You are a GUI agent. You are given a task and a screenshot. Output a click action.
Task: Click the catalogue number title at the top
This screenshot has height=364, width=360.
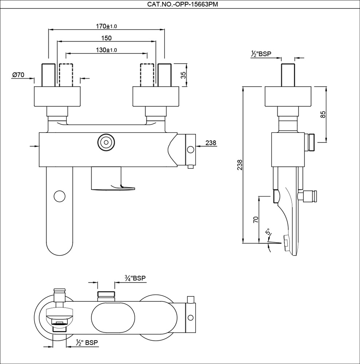pos(183,4)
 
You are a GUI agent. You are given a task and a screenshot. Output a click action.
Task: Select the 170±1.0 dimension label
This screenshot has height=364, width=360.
pos(106,26)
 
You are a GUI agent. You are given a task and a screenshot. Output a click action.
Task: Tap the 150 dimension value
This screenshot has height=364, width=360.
pos(106,38)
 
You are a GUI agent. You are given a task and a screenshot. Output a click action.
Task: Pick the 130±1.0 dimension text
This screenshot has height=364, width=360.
pos(106,50)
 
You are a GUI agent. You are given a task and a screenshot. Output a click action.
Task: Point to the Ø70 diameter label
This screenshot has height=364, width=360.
pos(18,75)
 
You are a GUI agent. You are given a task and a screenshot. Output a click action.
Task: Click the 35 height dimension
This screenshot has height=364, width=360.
pos(183,75)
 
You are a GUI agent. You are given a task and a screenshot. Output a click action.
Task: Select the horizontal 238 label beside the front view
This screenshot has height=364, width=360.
pos(211,143)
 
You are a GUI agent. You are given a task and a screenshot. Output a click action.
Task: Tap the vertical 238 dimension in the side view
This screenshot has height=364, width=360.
pos(240,165)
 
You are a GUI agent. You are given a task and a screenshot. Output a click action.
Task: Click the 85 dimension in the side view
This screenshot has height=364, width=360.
pos(323,114)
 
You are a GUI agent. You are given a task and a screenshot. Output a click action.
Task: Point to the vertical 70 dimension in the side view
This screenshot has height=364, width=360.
pos(256,219)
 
